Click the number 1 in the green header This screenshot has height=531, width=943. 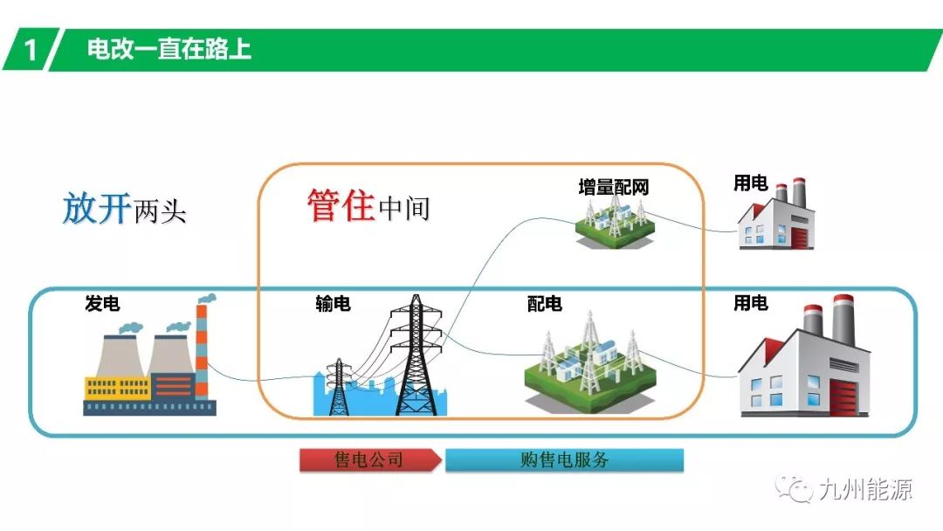coord(31,50)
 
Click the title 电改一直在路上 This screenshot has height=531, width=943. coord(169,49)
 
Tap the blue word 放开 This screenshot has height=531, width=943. coord(96,210)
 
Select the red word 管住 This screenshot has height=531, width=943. coord(341,205)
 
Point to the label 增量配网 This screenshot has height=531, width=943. coord(613,187)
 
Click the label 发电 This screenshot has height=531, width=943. coord(102,304)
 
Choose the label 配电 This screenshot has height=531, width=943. coord(544,304)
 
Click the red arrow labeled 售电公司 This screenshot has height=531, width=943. coord(370,460)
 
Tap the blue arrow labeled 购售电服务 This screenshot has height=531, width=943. coord(564,460)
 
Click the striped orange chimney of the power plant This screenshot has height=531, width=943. coord(202,349)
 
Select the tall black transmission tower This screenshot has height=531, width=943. coord(416,358)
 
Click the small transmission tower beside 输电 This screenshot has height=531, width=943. coord(337,384)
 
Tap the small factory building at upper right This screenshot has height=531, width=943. coord(771,218)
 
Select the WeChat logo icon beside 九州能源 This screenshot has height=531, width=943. coord(797,489)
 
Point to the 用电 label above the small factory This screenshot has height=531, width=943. coord(750,183)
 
